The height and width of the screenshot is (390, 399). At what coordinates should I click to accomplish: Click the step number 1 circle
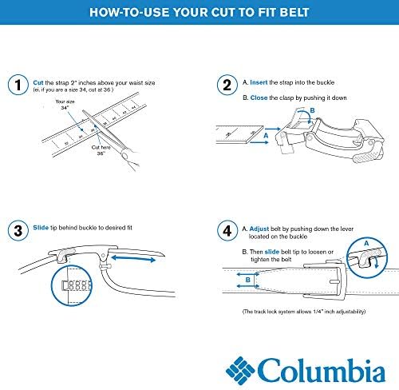[16, 84]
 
